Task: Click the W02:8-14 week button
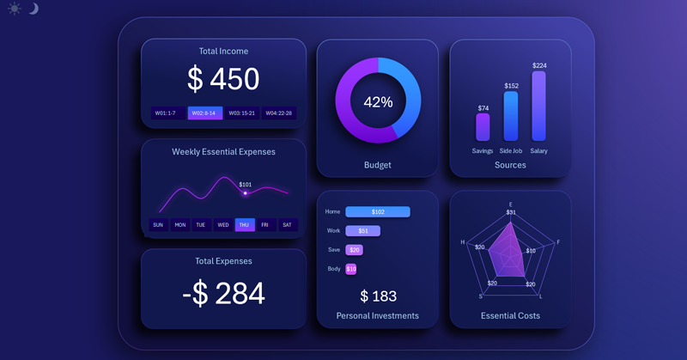(x=205, y=113)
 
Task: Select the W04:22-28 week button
(x=278, y=113)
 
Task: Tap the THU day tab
(x=245, y=225)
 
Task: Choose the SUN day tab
(x=158, y=225)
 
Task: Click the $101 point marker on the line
(x=245, y=193)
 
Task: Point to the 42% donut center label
(x=378, y=101)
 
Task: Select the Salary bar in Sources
(x=538, y=106)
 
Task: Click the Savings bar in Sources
(x=483, y=127)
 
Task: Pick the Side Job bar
(x=510, y=116)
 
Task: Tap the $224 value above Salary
(x=538, y=65)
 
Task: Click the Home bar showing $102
(x=378, y=211)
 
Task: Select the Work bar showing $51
(x=362, y=231)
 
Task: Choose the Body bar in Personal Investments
(x=350, y=269)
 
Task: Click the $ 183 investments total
(x=378, y=296)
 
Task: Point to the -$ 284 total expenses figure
(x=223, y=294)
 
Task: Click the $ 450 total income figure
(x=223, y=79)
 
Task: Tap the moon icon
(x=33, y=9)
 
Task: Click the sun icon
(x=15, y=9)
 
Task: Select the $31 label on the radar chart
(x=511, y=212)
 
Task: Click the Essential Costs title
(x=510, y=315)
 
